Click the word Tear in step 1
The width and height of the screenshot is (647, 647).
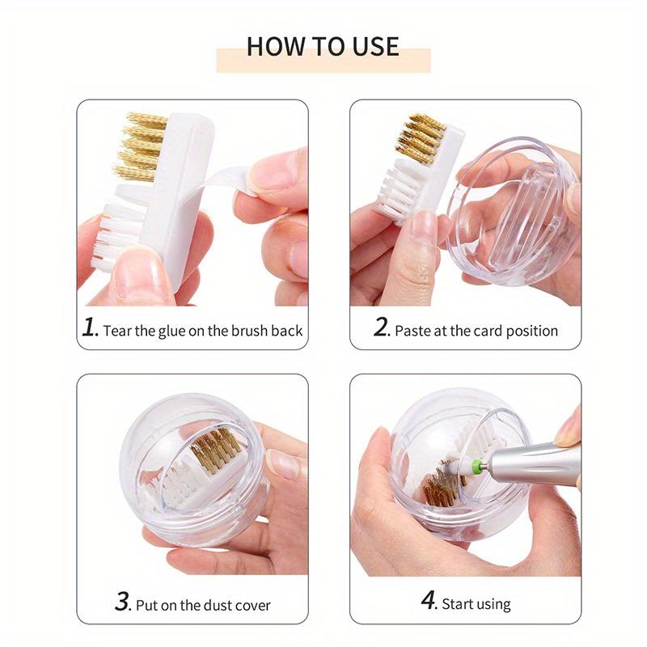118,330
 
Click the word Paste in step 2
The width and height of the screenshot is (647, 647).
412,330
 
